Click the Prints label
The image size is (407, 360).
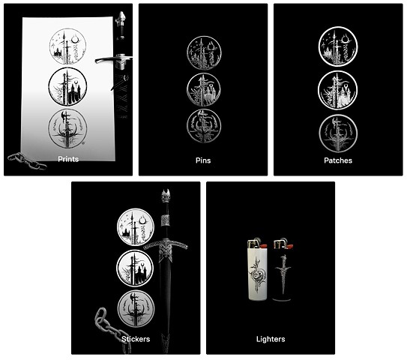[x=68, y=159]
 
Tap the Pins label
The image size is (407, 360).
[x=203, y=160]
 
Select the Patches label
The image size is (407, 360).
[x=338, y=160]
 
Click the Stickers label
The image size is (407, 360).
[x=136, y=339]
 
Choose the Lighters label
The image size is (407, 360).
[x=271, y=339]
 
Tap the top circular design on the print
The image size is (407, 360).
[x=67, y=46]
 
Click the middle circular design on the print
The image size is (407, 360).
[x=67, y=86]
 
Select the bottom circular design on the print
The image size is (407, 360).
[x=67, y=129]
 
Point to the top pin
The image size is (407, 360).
[x=204, y=52]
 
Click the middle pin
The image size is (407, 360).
[x=204, y=89]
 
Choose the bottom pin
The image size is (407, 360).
[x=204, y=126]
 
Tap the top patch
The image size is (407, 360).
[x=338, y=46]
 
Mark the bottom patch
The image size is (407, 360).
[x=338, y=133]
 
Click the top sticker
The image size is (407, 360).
[x=136, y=226]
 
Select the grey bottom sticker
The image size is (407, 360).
[x=136, y=308]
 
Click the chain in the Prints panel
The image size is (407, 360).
[x=27, y=161]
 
